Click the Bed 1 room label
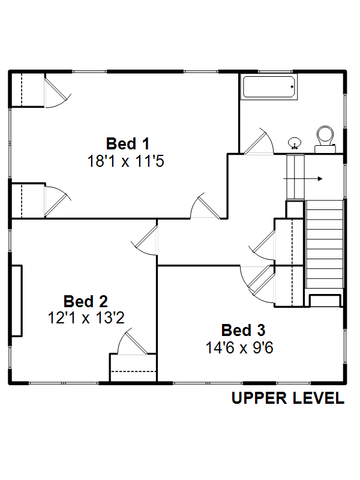coord(128,143)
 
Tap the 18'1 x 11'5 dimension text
coord(126,161)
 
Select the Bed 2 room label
coord(86,302)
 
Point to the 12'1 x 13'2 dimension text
coord(86,318)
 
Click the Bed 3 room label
coord(244,331)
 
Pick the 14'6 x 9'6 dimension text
coord(239,348)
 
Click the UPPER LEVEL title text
coord(288,398)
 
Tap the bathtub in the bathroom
coord(269,87)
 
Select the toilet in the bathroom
coord(325,139)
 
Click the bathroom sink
coord(295,143)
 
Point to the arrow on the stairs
coord(303,178)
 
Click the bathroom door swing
coord(259,141)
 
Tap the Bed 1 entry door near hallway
coord(205,206)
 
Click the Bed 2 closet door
coord(133,341)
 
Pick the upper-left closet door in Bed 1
coord(58,92)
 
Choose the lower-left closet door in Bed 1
coord(58,201)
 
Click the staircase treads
coord(325,244)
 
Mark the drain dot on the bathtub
coord(292,87)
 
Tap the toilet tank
coord(325,149)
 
